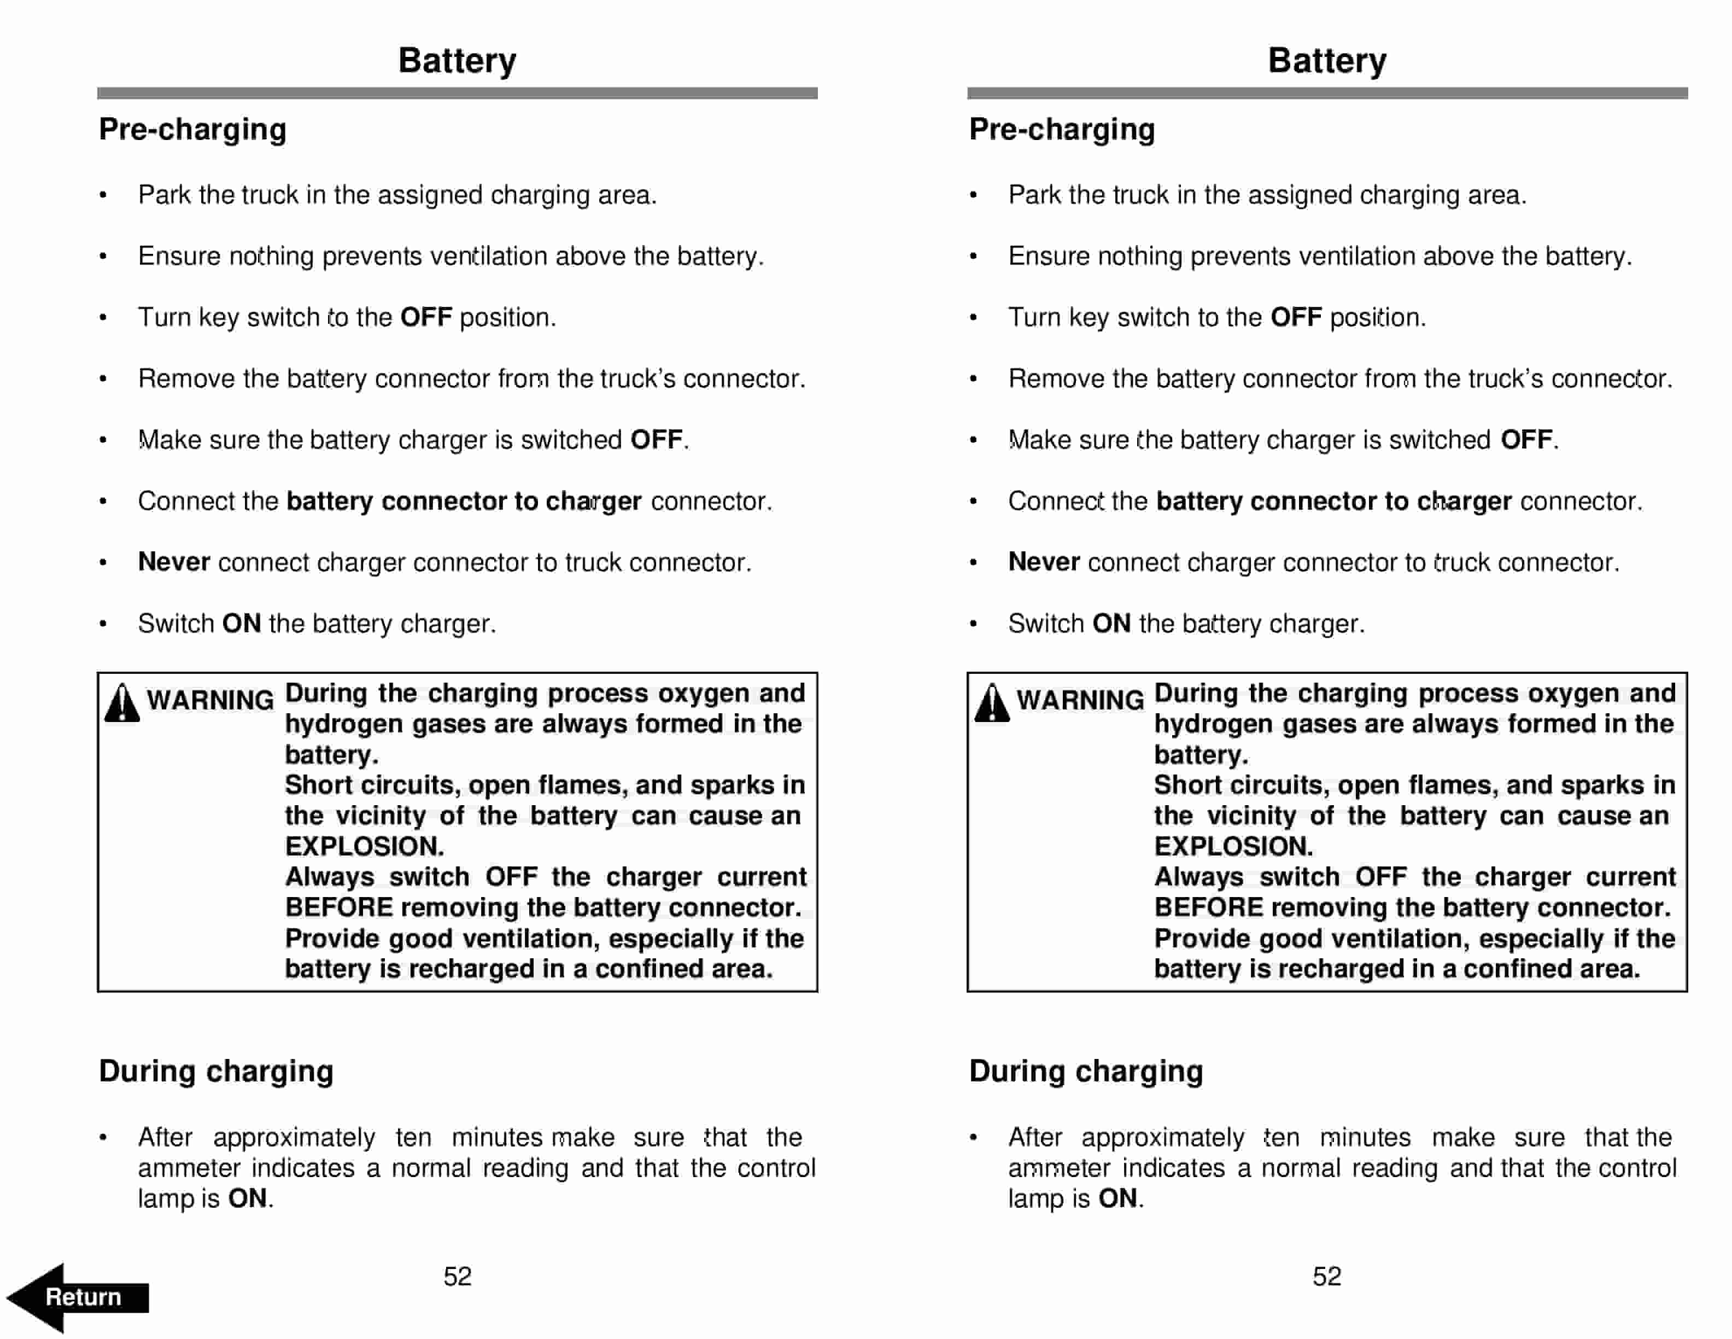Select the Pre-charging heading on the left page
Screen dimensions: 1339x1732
[x=192, y=129]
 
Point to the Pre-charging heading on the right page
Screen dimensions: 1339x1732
[x=1062, y=129]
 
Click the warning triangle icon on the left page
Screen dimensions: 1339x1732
[x=122, y=703]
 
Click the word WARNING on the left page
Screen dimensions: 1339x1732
[x=210, y=700]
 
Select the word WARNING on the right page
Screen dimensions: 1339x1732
[x=1080, y=700]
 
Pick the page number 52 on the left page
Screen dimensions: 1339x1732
[x=458, y=1276]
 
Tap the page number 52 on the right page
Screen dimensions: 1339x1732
[x=1327, y=1276]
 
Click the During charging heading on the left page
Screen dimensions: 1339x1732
[x=216, y=1071]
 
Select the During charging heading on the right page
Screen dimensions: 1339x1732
[x=1086, y=1071]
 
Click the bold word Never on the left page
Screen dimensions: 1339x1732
[x=174, y=562]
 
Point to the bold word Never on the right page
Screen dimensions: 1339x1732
[x=1044, y=562]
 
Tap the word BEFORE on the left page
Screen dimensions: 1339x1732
[x=338, y=907]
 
